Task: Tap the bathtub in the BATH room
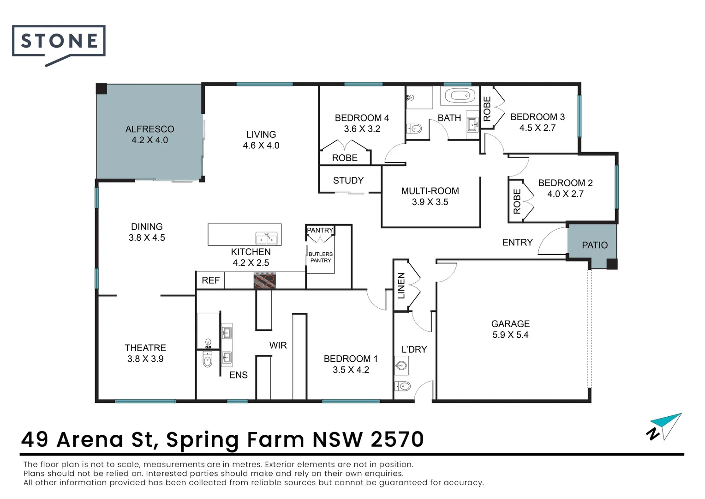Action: tap(459, 96)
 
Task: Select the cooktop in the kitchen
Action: tap(265, 280)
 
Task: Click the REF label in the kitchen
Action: tap(210, 280)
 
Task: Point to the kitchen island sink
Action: tap(266, 238)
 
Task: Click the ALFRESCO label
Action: tap(149, 129)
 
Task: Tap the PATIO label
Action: tap(595, 245)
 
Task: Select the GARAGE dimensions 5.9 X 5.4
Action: tap(510, 335)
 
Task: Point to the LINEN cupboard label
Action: tap(401, 286)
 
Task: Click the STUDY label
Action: tap(348, 180)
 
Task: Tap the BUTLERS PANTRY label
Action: tap(320, 257)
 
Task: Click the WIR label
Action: tap(278, 345)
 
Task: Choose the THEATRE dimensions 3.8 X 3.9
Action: tap(145, 359)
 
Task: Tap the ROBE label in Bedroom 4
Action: tap(345, 158)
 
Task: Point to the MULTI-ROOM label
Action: tap(430, 191)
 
